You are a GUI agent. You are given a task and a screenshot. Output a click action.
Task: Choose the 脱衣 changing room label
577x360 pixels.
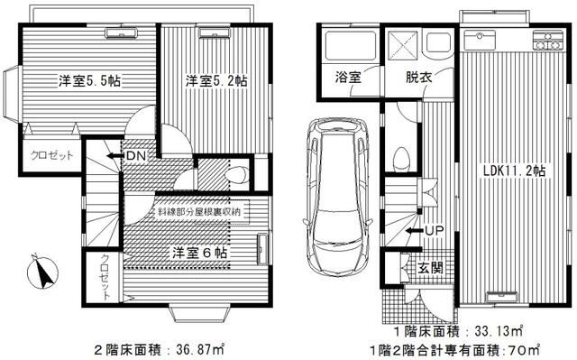click(x=418, y=78)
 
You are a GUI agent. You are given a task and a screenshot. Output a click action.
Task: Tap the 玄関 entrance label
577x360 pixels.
click(x=430, y=267)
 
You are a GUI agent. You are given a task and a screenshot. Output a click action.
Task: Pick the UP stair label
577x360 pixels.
click(x=432, y=231)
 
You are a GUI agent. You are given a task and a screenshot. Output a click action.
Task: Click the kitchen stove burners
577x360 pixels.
click(x=546, y=41)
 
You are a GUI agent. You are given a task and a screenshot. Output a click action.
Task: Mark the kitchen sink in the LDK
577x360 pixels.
click(x=477, y=42)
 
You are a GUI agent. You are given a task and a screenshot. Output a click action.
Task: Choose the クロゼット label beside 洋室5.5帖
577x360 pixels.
click(x=44, y=155)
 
